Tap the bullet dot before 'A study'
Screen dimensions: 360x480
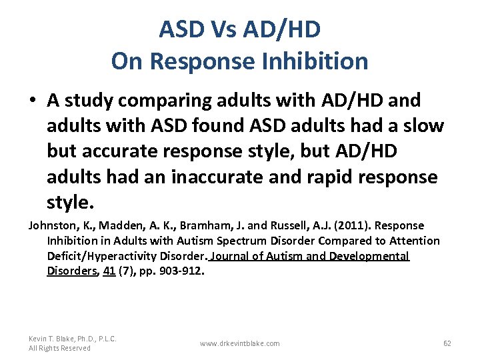33,101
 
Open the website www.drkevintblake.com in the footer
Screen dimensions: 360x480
239,343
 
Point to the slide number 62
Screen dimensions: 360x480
447,343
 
